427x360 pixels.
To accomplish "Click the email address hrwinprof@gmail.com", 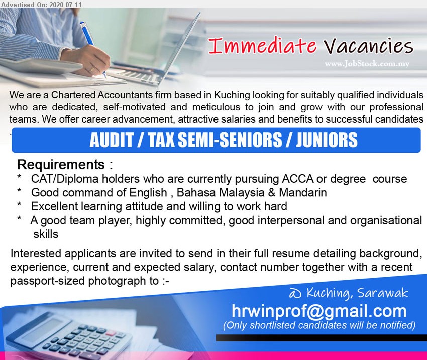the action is pos(319,311).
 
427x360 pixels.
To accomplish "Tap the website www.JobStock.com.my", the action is pos(367,64).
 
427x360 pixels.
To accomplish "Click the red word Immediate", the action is pos(263,46).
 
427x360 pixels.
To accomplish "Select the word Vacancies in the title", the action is pos(369,46).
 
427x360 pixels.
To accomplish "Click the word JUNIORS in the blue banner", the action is pos(327,140).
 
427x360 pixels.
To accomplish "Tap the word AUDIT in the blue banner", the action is pos(112,140).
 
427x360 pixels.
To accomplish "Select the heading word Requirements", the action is pos(61,165).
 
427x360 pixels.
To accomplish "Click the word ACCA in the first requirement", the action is pos(298,179).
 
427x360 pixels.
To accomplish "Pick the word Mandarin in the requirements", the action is pos(303,192).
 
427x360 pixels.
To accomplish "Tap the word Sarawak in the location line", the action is pos(383,293).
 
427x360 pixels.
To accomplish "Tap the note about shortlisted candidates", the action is pos(319,325).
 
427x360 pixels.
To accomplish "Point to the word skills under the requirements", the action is pos(46,234).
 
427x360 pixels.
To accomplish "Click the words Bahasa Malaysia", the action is pos(221,192).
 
